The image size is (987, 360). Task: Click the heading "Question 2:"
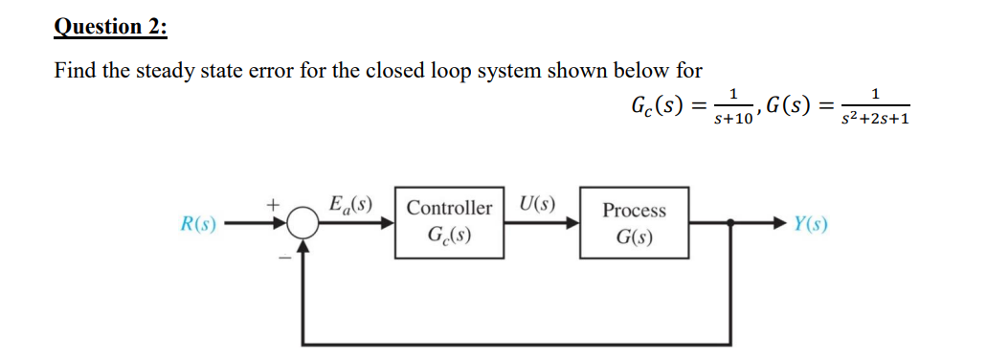pos(110,26)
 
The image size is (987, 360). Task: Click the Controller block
pos(449,222)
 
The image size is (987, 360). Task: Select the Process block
pos(634,222)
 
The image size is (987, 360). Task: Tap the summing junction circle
pos(304,224)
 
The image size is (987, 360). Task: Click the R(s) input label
pos(198,226)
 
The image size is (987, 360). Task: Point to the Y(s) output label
pos(810,226)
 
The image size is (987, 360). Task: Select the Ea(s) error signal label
pos(349,204)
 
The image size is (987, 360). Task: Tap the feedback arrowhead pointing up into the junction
pos(304,246)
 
